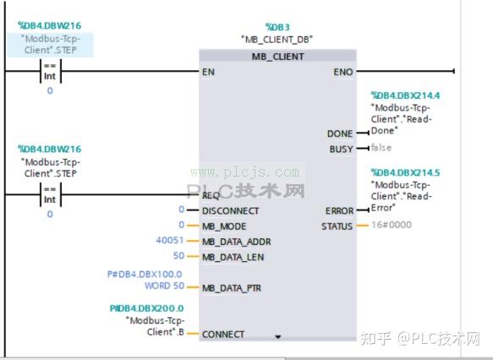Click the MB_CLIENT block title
[277, 56]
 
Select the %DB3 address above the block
[277, 26]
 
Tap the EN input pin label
[208, 72]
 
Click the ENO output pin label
[343, 72]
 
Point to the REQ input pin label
[211, 195]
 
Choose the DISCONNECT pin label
[231, 210]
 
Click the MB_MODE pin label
[225, 226]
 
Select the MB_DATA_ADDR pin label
[236, 241]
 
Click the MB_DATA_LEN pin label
[233, 256]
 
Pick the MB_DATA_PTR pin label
[232, 287]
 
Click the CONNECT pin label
[223, 334]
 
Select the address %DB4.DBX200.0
[147, 308]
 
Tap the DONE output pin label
[340, 134]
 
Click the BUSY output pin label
[342, 149]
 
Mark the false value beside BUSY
[381, 148]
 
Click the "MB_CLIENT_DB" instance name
[277, 39]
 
